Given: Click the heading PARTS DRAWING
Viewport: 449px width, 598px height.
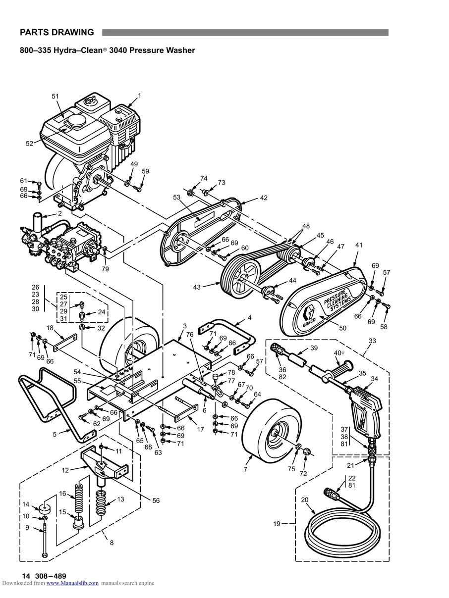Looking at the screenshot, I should tap(56, 33).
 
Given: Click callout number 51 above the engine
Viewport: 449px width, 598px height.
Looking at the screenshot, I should tap(55, 96).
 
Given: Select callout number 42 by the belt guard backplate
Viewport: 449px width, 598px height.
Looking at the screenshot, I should tap(264, 198).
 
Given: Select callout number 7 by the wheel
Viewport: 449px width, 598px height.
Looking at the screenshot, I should tap(245, 469).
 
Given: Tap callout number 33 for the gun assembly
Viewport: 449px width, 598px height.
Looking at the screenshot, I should tap(372, 341).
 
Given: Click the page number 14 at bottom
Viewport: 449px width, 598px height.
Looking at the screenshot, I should tap(26, 576).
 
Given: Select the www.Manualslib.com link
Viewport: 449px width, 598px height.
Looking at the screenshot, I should tap(72, 583).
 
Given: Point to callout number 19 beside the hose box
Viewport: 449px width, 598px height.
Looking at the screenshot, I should tap(277, 523).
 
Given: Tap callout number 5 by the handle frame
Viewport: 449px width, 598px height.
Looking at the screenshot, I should tap(55, 434).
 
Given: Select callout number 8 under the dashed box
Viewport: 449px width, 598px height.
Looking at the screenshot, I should tap(112, 543).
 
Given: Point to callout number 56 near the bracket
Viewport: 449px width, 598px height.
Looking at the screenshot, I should tap(156, 500).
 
